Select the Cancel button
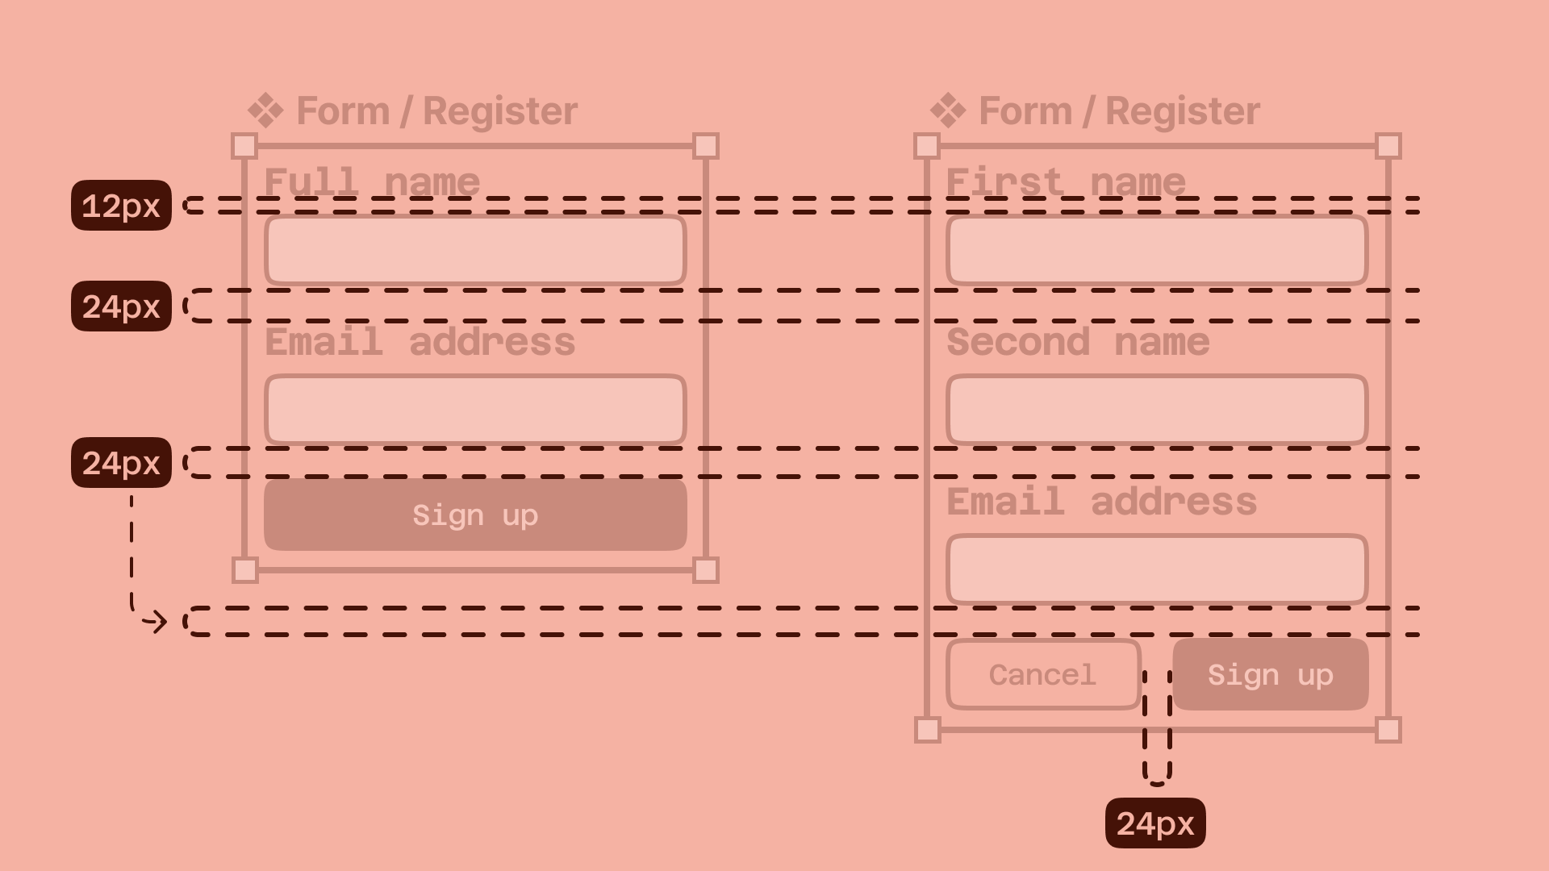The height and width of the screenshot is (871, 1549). click(1042, 675)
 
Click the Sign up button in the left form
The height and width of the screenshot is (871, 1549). click(475, 515)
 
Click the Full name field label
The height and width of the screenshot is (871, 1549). click(372, 181)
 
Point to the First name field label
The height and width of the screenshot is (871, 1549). click(1066, 181)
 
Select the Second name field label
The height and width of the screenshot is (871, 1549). click(1078, 342)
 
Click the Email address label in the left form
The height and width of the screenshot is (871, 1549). click(420, 342)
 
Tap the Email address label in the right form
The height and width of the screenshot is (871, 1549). click(1101, 502)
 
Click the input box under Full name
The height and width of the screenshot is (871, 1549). click(475, 250)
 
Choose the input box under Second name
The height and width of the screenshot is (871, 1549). click(1157, 409)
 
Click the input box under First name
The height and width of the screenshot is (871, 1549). click(1157, 250)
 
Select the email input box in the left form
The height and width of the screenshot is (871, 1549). click(475, 409)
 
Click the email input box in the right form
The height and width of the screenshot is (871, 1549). click(1157, 569)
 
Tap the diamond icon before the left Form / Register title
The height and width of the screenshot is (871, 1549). click(265, 110)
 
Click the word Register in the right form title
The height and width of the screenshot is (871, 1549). click(1182, 110)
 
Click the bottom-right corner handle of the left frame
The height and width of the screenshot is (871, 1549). click(706, 570)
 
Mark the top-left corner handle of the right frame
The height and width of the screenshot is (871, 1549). click(927, 146)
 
